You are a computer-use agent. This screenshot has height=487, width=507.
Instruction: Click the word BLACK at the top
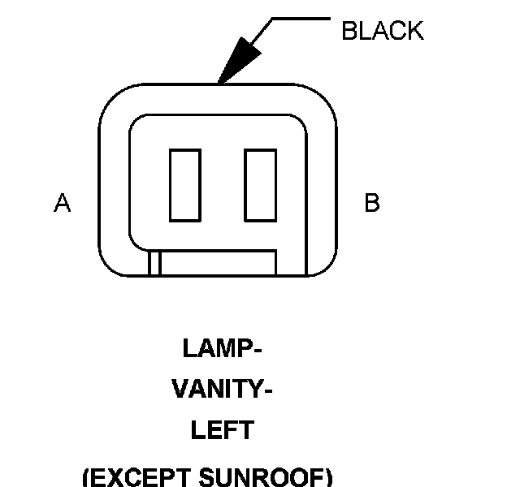pyautogui.click(x=382, y=32)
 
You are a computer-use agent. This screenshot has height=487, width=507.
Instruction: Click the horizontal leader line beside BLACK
pyautogui.click(x=301, y=17)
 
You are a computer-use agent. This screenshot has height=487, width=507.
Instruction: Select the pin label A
pyautogui.click(x=62, y=203)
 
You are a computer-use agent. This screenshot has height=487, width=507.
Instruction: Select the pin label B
pyautogui.click(x=372, y=203)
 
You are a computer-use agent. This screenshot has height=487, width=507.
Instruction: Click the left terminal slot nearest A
pyautogui.click(x=184, y=185)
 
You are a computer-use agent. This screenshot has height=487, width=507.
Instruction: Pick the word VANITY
pyautogui.click(x=215, y=390)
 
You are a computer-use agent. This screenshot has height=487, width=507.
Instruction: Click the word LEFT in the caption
pyautogui.click(x=222, y=430)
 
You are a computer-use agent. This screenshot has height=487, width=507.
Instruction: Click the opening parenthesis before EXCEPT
pyautogui.click(x=88, y=476)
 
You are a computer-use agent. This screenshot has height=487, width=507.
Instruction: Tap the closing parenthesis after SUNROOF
pyautogui.click(x=328, y=476)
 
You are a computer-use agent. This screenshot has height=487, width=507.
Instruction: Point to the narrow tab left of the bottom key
pyautogui.click(x=154, y=264)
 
